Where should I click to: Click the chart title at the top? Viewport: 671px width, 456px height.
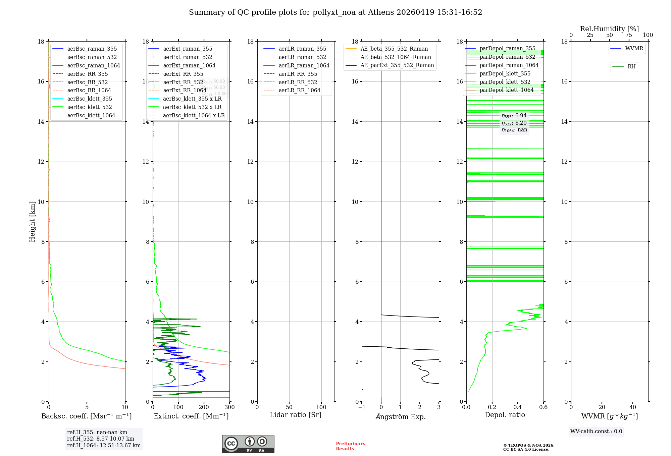[x=335, y=12]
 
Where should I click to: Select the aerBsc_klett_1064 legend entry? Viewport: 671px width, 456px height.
[x=91, y=115]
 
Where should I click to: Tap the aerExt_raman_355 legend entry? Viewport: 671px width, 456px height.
[x=188, y=49]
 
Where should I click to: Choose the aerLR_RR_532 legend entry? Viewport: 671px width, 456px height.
[x=298, y=82]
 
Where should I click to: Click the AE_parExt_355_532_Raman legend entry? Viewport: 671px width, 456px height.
[x=397, y=65]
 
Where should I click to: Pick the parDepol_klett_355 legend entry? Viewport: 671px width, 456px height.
[x=505, y=73]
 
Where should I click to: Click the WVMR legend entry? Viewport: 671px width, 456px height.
[x=634, y=49]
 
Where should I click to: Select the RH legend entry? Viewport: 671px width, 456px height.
[x=631, y=67]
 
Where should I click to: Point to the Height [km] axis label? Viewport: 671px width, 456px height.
[x=32, y=221]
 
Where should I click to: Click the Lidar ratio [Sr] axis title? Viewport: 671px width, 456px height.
[x=296, y=415]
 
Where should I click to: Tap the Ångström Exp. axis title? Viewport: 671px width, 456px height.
[x=400, y=416]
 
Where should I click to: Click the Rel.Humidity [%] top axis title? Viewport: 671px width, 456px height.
[x=609, y=29]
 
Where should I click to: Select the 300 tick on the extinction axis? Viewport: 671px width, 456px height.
[x=229, y=407]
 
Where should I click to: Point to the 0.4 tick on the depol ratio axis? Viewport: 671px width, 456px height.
[x=518, y=407]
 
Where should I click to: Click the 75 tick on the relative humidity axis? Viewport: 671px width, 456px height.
[x=629, y=35]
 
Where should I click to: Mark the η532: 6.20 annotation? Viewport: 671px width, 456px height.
[x=514, y=123]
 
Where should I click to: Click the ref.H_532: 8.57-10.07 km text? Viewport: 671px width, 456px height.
[x=101, y=439]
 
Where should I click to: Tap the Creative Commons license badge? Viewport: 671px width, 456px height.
[x=248, y=444]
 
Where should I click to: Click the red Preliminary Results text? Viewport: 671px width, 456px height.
[x=350, y=446]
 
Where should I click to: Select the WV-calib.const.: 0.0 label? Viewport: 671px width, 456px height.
[x=596, y=432]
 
